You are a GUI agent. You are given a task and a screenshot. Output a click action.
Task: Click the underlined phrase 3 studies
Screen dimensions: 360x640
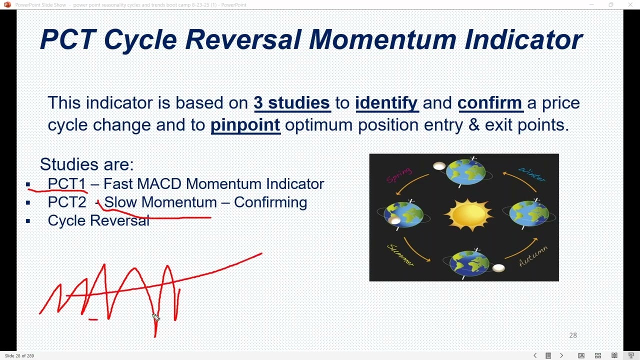click(291, 103)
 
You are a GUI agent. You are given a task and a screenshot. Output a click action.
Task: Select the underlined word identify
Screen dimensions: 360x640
click(386, 103)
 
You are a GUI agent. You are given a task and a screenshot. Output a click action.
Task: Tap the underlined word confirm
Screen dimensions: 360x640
click(489, 103)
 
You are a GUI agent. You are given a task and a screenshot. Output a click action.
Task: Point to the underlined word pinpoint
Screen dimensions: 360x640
click(245, 125)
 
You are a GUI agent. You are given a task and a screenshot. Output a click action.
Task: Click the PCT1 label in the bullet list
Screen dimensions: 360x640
click(66, 184)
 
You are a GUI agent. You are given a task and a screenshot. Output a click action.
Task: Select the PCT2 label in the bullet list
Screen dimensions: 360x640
click(66, 202)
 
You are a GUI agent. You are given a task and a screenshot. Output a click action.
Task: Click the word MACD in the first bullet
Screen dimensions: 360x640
click(159, 184)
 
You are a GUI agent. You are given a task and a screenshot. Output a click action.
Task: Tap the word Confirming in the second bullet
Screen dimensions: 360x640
click(270, 202)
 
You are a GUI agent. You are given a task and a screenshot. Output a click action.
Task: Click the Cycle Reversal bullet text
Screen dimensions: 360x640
click(98, 220)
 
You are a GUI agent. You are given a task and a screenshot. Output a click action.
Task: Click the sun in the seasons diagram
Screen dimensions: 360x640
click(468, 215)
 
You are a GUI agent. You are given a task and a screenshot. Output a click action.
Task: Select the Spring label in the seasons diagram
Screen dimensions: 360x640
click(399, 175)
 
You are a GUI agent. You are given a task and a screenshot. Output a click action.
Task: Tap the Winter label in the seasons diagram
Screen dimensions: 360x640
click(531, 174)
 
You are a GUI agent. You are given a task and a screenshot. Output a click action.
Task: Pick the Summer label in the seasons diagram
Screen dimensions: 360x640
click(400, 255)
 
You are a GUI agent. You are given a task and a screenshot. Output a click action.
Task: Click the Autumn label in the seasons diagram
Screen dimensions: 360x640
click(533, 256)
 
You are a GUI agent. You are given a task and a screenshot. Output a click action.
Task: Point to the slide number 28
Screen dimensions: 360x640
click(573, 335)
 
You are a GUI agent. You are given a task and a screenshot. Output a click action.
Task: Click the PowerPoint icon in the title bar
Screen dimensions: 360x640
click(7, 5)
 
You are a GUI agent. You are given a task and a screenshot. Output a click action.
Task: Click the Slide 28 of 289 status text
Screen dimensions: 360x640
click(19, 356)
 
